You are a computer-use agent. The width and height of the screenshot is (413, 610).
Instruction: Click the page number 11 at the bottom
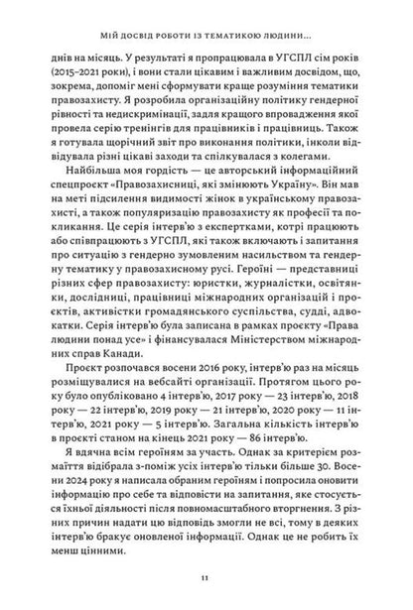206,575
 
